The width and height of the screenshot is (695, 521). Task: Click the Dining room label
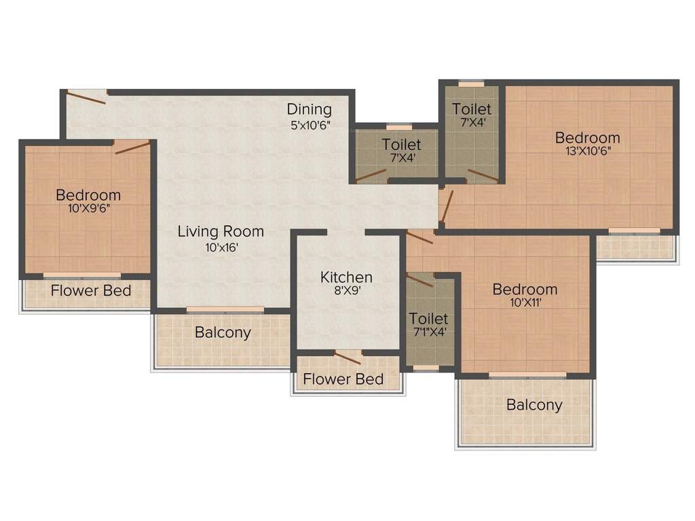point(309,109)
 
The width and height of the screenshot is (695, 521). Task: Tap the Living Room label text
point(221,231)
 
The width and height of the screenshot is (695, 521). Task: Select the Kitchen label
point(346,277)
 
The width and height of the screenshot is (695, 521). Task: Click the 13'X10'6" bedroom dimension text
point(587,151)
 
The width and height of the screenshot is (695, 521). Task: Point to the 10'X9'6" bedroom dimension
point(88,208)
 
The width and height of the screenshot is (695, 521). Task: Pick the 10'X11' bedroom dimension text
point(525,303)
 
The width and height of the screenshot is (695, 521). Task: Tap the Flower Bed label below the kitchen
point(343,379)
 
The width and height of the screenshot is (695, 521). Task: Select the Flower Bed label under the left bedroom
point(91,293)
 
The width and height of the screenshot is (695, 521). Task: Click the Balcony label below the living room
point(223,332)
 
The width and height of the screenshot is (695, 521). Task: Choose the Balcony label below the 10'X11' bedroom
point(534,405)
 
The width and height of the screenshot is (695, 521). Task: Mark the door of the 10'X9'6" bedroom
point(132,147)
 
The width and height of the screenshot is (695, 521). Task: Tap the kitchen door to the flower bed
point(347,358)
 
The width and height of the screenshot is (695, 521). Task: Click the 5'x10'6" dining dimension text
point(310,124)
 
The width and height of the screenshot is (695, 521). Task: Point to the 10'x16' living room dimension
point(221,247)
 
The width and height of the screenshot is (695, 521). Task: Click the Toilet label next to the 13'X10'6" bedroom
point(472,109)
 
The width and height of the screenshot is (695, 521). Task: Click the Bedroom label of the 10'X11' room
point(525,290)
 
